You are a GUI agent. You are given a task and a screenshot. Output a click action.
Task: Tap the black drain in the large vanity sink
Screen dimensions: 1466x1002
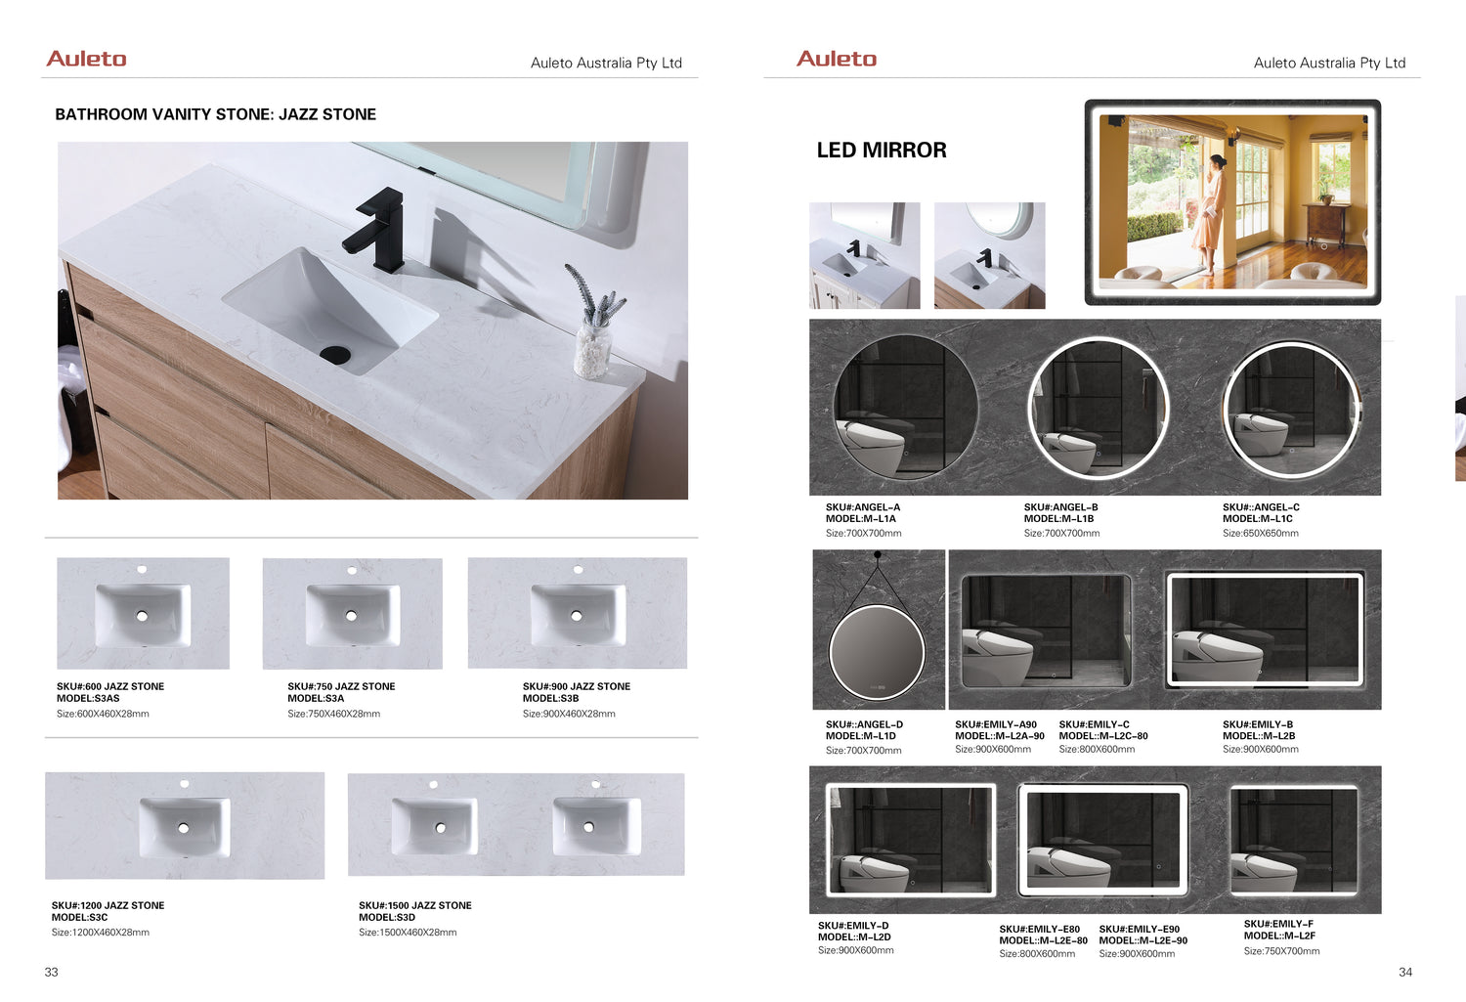[336, 354]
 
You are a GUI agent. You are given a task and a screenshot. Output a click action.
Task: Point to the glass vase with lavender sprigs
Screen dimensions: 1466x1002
[594, 322]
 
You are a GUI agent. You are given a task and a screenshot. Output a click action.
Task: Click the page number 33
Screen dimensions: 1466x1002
[51, 972]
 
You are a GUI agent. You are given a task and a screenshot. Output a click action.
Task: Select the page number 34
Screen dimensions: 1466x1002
[1405, 972]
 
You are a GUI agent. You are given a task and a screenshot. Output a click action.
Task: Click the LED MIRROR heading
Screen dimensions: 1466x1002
[882, 150]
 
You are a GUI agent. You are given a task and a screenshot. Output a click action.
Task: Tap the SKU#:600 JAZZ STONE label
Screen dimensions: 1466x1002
[109, 686]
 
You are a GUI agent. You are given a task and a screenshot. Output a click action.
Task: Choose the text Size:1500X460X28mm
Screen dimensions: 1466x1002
[408, 932]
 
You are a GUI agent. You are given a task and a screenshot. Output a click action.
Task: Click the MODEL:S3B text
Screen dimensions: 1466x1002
[550, 698]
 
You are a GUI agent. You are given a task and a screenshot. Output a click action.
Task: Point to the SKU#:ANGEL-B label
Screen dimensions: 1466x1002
[1060, 507]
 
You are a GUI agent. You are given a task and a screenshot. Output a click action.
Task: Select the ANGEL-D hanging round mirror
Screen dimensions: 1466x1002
[877, 652]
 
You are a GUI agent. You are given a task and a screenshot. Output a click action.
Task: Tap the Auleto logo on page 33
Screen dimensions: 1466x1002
[86, 59]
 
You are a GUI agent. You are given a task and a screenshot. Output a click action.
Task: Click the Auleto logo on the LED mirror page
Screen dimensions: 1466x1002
[837, 59]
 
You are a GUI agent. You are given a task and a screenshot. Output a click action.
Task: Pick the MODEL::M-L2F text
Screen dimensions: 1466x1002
[1279, 936]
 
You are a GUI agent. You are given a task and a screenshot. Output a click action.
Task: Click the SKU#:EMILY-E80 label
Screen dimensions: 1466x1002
[1039, 930]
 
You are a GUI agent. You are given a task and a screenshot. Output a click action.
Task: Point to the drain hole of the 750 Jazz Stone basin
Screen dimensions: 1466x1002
[352, 616]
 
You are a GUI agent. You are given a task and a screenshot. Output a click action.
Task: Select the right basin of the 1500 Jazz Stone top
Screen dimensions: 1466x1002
[596, 826]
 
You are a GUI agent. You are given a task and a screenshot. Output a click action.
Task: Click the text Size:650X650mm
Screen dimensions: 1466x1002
[1261, 534]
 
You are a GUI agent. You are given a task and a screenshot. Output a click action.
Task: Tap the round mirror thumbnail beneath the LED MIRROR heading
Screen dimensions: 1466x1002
[989, 255]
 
